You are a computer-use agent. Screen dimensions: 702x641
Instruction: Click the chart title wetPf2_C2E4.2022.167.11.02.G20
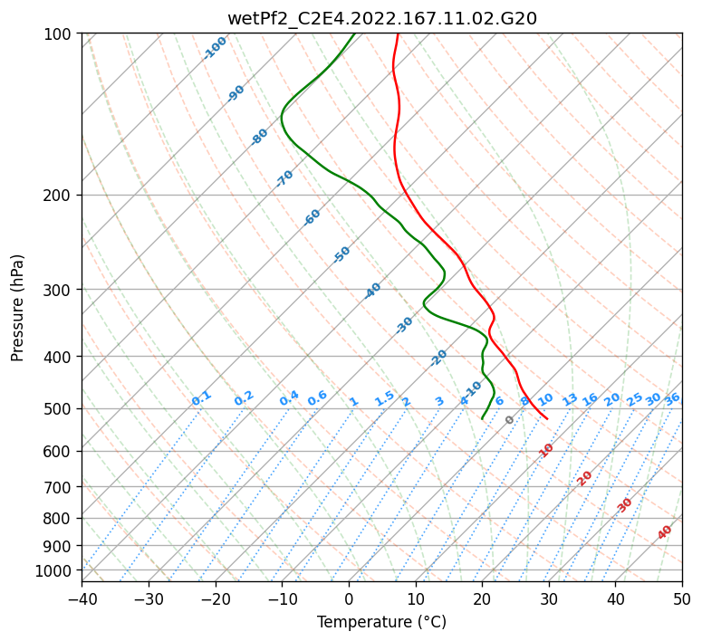(x=382, y=19)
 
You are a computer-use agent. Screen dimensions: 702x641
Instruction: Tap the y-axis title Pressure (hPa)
(x=17, y=308)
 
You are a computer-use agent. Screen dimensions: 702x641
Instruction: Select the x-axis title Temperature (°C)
(x=382, y=622)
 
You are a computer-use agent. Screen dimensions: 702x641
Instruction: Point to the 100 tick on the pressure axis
(x=58, y=33)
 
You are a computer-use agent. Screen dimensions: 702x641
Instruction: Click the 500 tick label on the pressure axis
(x=58, y=408)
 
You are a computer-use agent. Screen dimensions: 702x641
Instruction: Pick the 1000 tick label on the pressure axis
(x=53, y=571)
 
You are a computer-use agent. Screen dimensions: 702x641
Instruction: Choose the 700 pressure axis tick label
(x=58, y=486)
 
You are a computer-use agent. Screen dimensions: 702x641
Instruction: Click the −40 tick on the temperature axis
(x=82, y=598)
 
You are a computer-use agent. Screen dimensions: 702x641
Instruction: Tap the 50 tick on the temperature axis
(x=682, y=598)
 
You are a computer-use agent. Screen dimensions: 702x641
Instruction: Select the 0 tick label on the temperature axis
(x=349, y=598)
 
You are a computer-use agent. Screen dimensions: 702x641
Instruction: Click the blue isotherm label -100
(x=215, y=48)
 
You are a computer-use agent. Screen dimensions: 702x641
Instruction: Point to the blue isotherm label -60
(x=312, y=216)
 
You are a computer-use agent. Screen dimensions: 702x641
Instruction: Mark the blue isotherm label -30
(x=404, y=324)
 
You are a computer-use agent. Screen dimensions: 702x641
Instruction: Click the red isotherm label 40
(x=664, y=532)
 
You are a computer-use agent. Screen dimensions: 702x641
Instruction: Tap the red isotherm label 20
(x=584, y=479)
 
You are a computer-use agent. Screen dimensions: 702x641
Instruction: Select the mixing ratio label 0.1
(x=201, y=398)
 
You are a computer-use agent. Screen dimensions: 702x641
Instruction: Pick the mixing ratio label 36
(x=672, y=399)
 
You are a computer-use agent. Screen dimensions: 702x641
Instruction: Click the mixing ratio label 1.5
(x=384, y=398)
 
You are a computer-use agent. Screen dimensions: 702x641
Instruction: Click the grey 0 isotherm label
(x=509, y=420)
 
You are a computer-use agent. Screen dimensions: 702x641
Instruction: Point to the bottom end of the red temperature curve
(x=547, y=419)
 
